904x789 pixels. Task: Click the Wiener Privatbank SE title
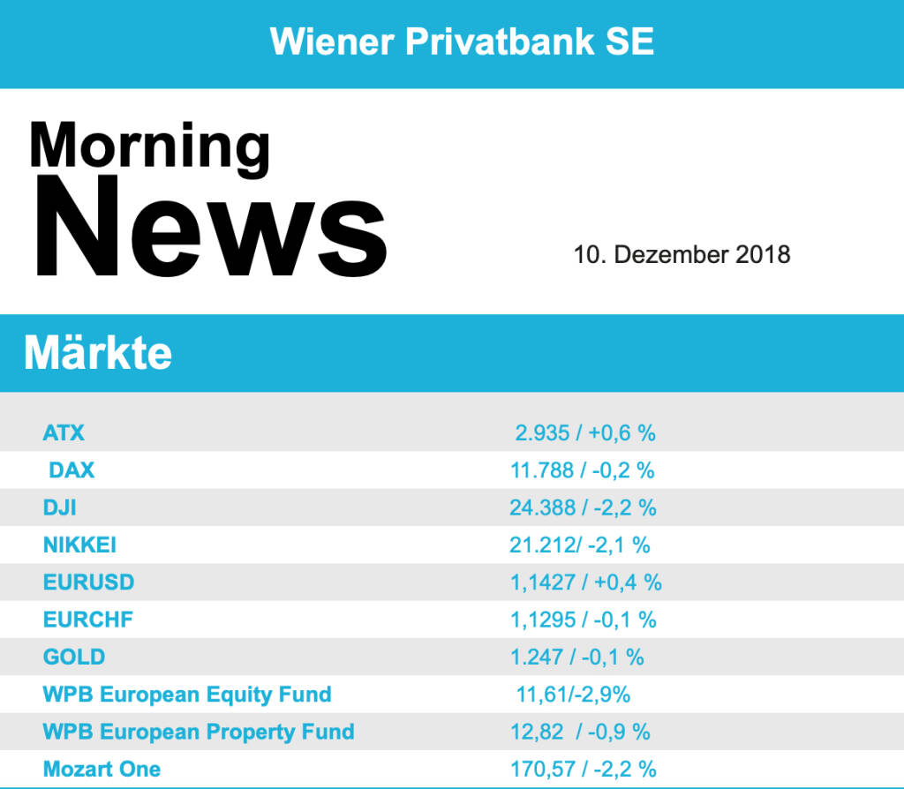462,41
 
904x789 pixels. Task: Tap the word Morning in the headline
149,146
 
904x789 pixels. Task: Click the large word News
210,226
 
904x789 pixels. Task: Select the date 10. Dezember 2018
682,255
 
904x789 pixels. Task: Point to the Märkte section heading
98,353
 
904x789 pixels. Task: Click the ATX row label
64,433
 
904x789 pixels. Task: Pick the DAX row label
72,470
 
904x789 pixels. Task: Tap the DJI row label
59,507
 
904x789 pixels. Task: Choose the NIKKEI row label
79,545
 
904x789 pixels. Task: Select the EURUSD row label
88,582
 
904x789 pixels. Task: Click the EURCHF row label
88,620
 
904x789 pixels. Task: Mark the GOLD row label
74,657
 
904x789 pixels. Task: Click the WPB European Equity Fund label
187,695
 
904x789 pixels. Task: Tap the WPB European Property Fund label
199,732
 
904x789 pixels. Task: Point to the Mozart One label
102,769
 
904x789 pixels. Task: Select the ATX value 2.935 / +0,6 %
585,433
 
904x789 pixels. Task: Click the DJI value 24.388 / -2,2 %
583,507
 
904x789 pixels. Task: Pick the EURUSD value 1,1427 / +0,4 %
585,582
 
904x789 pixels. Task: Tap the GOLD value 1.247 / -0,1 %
576,657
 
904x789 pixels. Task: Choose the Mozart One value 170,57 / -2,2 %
583,769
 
